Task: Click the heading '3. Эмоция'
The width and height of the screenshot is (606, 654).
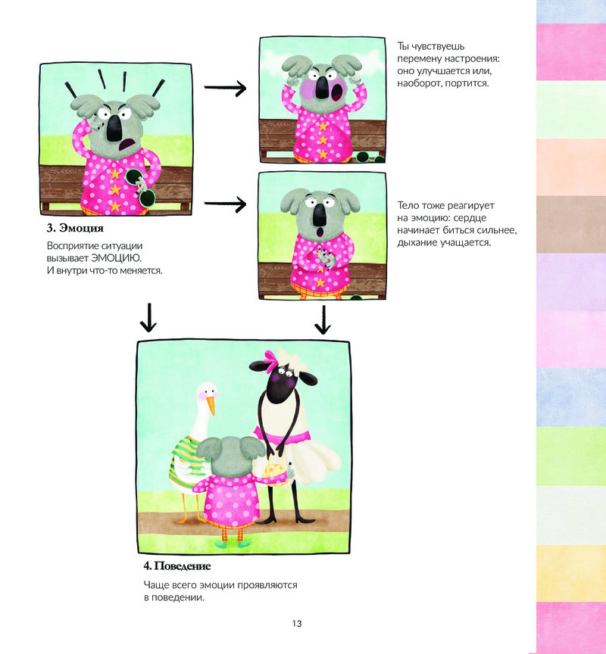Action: click(75, 227)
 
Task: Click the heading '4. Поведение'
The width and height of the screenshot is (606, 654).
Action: click(176, 565)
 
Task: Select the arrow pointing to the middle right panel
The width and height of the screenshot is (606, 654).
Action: click(226, 204)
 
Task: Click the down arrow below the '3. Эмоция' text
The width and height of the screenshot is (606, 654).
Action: click(148, 319)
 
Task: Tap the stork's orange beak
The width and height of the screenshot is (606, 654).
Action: click(211, 406)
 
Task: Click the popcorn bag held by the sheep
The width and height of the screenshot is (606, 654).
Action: click(274, 469)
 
